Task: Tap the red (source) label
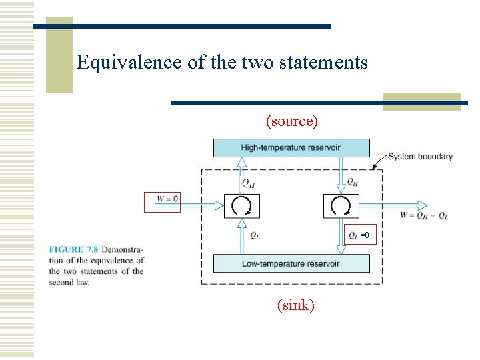tap(291, 121)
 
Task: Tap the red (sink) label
tap(295, 305)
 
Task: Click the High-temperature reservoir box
tap(291, 148)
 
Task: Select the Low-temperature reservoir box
tap(291, 263)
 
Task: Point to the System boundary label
tap(420, 157)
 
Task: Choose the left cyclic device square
tap(241, 206)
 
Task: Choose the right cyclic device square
tap(341, 206)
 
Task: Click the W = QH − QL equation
tap(425, 216)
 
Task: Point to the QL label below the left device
tap(255, 235)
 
